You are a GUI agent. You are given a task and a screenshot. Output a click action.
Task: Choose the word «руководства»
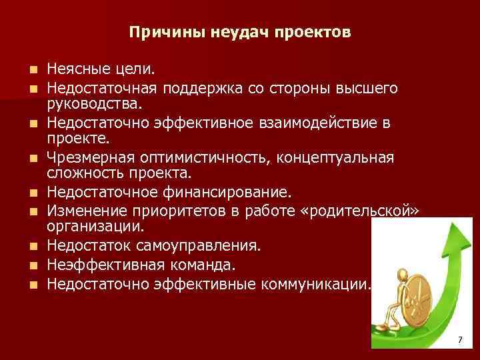pyautogui.click(x=94, y=105)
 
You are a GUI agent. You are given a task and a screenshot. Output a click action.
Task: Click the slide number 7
pyautogui.click(x=459, y=341)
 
